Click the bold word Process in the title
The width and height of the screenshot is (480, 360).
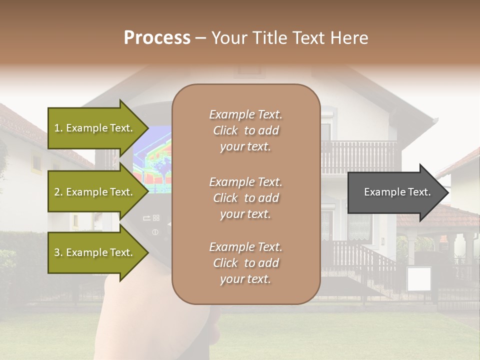point(157,38)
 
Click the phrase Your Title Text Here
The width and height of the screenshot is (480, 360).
point(289,38)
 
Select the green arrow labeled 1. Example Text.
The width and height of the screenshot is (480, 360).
point(95,128)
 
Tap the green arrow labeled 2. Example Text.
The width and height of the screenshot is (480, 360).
point(95,192)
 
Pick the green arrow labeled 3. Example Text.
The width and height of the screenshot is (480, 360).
point(95,252)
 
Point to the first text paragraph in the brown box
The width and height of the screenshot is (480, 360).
point(245,130)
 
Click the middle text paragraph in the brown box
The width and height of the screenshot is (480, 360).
point(245,198)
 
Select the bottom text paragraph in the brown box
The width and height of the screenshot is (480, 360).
point(245,263)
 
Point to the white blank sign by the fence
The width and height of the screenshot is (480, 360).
point(418,279)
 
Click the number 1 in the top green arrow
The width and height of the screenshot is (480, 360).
point(56,128)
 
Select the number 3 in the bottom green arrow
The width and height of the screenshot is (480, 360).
point(57,252)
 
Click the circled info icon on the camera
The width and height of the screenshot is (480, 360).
point(155,232)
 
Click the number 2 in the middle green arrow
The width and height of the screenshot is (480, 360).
point(57,192)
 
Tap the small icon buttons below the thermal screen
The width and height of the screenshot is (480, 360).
point(151,218)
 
